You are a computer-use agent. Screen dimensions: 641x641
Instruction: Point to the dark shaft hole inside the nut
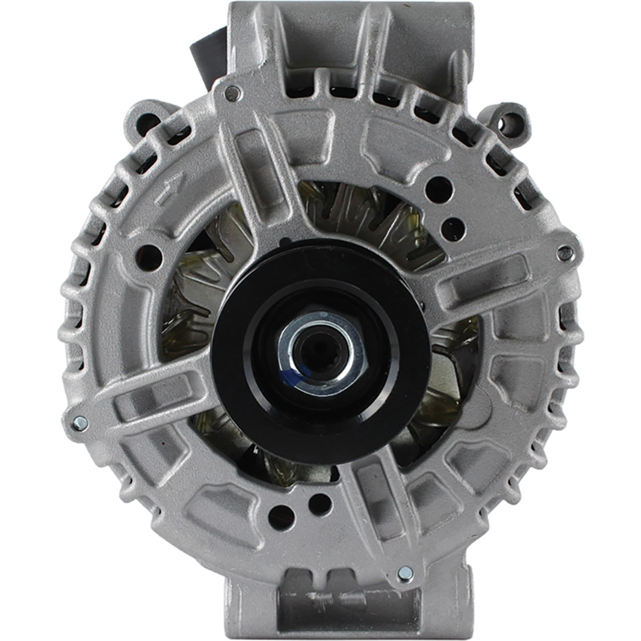[x=316, y=348]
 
